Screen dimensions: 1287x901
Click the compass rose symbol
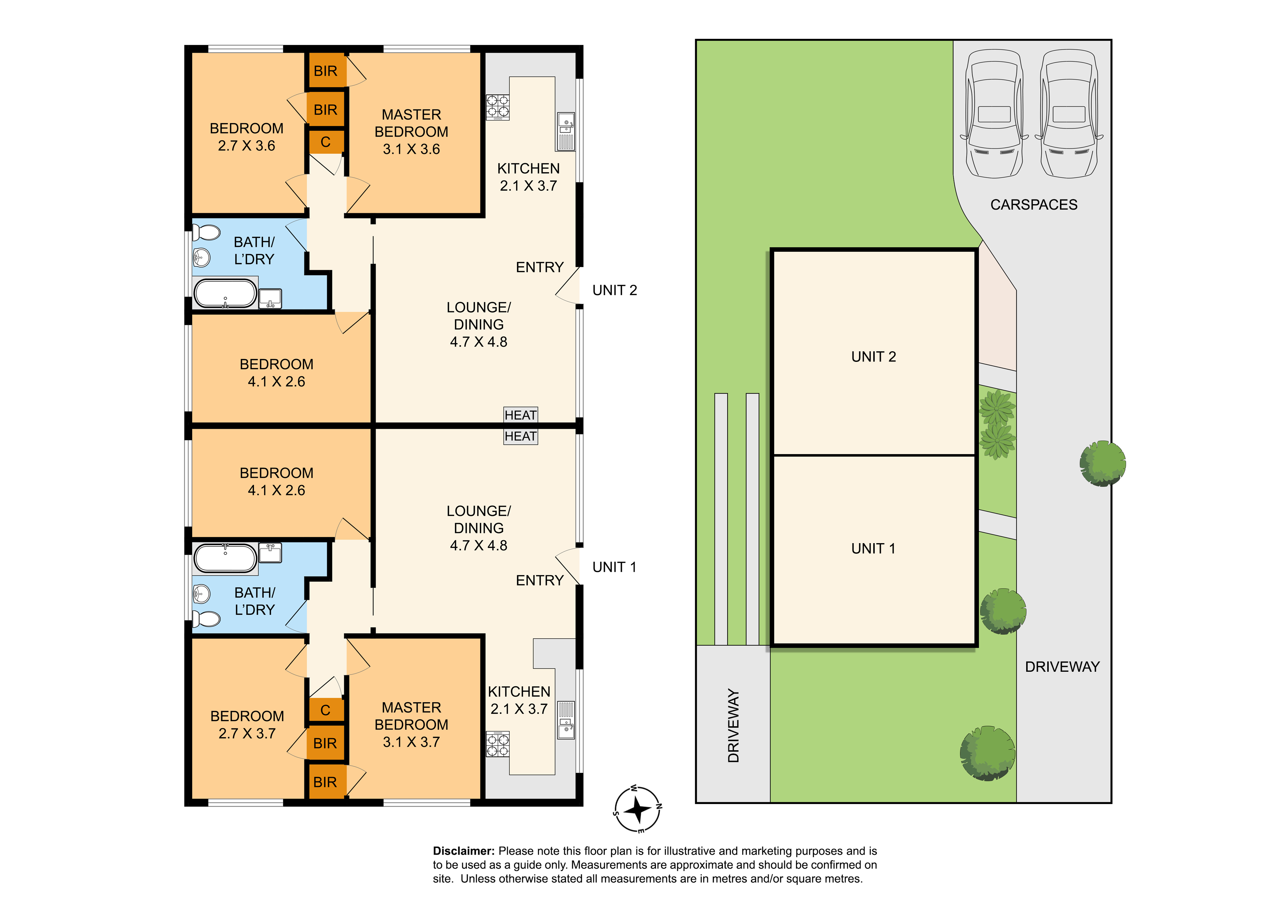(638, 809)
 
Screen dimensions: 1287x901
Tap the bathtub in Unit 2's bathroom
(225, 293)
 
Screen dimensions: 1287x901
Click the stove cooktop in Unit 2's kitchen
(497, 107)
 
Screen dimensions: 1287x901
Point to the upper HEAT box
(521, 415)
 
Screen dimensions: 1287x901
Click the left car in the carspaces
(994, 114)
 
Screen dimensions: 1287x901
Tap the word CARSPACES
(1034, 205)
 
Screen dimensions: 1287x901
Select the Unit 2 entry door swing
(567, 286)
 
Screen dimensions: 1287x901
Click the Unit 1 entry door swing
(567, 566)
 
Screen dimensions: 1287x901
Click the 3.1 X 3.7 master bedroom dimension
(412, 742)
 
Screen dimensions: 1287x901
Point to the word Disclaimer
(464, 851)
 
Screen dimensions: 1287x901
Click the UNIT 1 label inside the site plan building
(873, 548)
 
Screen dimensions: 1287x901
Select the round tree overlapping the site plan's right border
(1102, 464)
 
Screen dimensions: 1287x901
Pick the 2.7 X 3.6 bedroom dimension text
(247, 146)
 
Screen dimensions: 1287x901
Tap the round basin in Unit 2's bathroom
(201, 257)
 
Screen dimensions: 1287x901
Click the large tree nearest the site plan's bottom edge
(988, 753)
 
